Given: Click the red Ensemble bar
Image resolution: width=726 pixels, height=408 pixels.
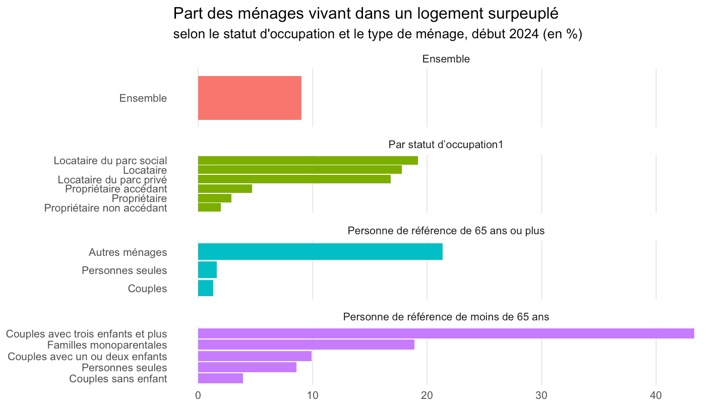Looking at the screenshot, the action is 250,98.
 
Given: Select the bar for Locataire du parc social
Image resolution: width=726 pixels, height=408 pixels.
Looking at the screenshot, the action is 308,160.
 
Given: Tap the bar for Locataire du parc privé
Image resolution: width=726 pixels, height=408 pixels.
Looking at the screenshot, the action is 294,179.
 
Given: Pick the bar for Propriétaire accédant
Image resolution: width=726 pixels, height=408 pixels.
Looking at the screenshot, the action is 225,188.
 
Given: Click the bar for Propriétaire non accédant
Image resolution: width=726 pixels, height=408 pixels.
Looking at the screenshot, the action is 209,207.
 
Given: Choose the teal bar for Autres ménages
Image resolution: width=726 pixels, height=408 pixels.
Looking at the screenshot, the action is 320,252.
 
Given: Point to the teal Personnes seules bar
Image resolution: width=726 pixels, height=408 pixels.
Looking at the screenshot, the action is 207,270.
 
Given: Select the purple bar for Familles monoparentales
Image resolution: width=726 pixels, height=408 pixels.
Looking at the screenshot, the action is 306,345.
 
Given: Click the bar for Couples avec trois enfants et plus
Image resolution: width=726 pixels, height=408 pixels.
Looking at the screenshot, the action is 446,333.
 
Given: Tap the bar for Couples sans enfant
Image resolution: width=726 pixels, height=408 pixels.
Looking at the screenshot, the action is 220,378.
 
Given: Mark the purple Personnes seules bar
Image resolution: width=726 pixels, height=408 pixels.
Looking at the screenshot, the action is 247,367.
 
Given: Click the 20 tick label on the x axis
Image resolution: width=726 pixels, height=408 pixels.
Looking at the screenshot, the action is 427,395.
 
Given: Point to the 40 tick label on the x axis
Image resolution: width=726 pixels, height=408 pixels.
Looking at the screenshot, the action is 656,395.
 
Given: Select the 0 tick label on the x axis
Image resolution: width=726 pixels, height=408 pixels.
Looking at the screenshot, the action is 198,395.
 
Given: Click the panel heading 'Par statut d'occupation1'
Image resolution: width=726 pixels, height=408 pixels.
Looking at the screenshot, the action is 446,145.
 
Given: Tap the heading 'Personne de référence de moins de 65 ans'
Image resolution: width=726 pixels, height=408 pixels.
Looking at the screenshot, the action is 446,317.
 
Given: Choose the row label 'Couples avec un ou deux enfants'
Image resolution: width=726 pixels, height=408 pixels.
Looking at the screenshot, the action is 87,357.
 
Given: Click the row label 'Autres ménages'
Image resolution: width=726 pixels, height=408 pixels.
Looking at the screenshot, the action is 128,252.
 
